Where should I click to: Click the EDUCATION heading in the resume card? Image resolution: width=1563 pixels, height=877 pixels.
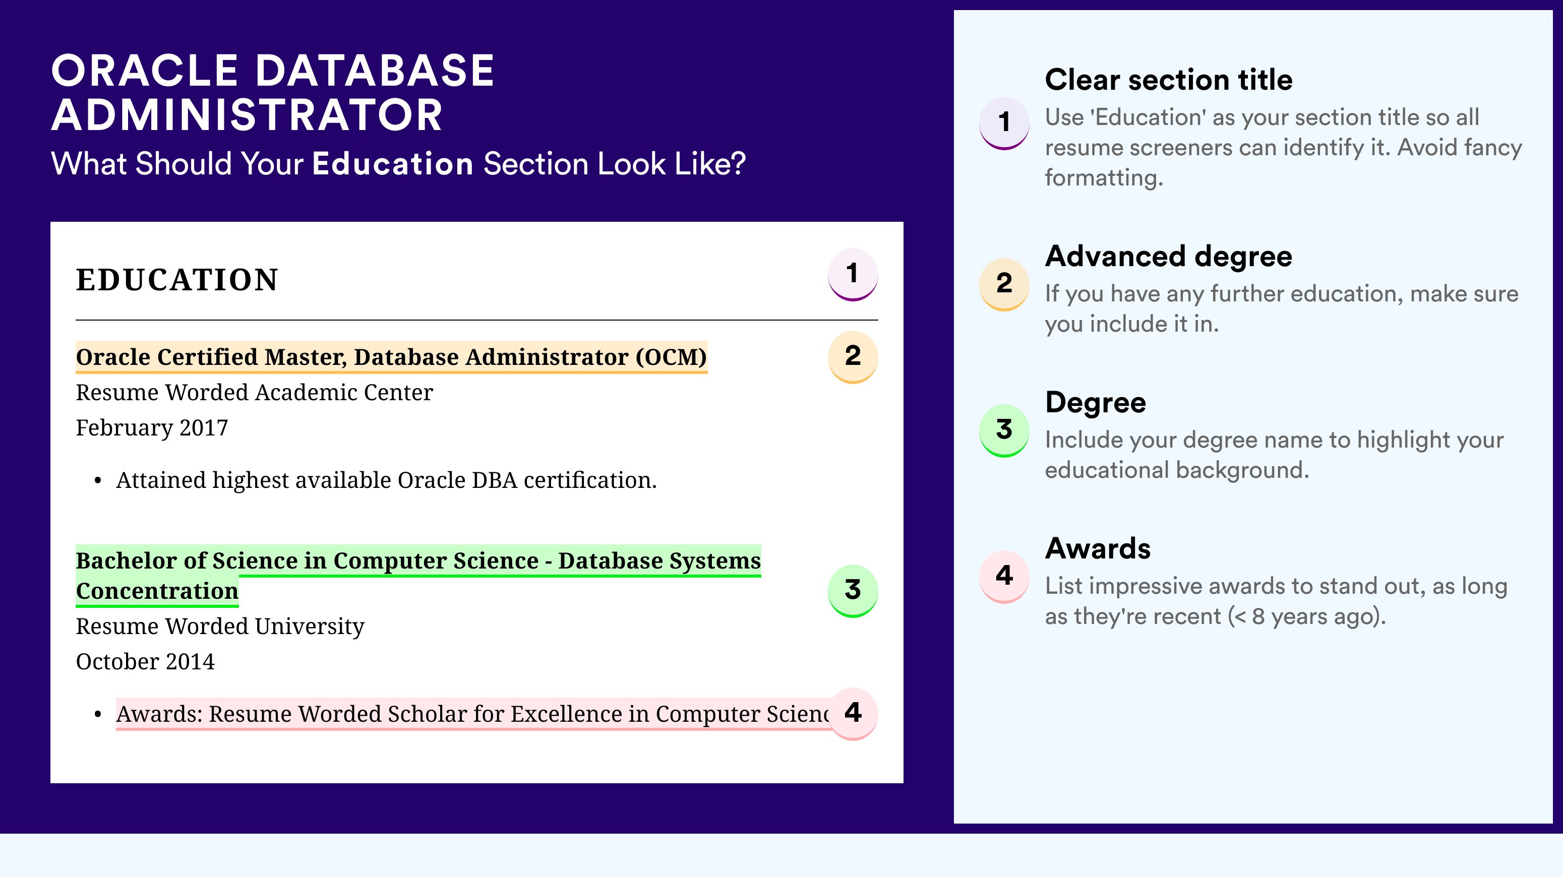coord(176,280)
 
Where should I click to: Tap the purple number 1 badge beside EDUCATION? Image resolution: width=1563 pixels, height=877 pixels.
coord(853,274)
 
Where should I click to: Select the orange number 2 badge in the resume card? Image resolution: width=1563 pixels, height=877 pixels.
coord(853,357)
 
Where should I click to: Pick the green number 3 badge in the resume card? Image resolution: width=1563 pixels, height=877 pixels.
coord(853,591)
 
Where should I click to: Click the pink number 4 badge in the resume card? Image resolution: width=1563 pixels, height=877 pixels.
coord(853,713)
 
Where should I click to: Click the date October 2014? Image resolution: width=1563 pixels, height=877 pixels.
coord(145,662)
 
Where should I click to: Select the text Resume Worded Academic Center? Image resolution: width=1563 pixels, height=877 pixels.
coord(254,393)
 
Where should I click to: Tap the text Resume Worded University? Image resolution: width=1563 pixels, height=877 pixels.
coord(220,627)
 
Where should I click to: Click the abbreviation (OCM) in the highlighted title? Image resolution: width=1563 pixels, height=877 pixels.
coord(671,357)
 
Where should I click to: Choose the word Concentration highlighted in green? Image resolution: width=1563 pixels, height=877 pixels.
coord(157,591)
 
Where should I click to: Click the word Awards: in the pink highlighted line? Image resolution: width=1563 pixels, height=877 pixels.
coord(159,714)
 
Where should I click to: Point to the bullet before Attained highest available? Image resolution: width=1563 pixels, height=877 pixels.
coord(98,481)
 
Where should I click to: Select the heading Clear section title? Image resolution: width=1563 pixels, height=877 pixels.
coord(1169,80)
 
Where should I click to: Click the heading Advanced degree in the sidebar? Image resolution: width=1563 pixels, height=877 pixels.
coord(1169,257)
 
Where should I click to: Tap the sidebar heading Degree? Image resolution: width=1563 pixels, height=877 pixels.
coord(1096,403)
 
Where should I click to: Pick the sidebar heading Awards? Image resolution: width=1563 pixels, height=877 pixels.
coord(1098,548)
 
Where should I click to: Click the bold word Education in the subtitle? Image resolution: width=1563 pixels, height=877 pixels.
coord(393,164)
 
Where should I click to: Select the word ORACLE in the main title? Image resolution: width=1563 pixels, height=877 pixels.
coord(144,71)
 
